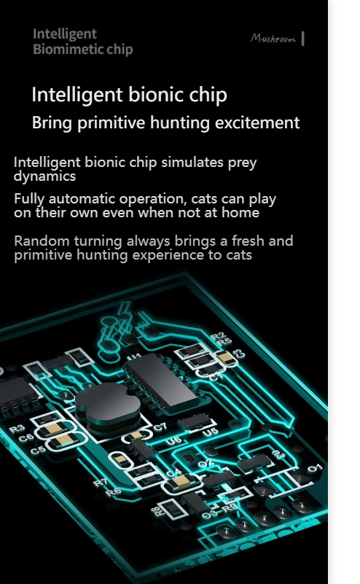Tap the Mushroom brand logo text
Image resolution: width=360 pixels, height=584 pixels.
273,39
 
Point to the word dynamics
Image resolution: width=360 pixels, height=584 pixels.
44,176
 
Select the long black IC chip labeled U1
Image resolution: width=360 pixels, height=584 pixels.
160,383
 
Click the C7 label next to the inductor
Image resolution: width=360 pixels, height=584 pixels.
160,427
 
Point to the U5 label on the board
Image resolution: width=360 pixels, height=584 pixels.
211,432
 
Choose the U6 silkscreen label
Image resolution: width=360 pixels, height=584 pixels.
173,441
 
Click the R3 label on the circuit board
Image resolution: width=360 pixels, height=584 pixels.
17,429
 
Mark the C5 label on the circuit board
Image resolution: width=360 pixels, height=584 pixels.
38,451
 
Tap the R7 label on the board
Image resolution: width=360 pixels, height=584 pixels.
101,483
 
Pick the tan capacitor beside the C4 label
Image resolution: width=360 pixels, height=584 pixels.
182,482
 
